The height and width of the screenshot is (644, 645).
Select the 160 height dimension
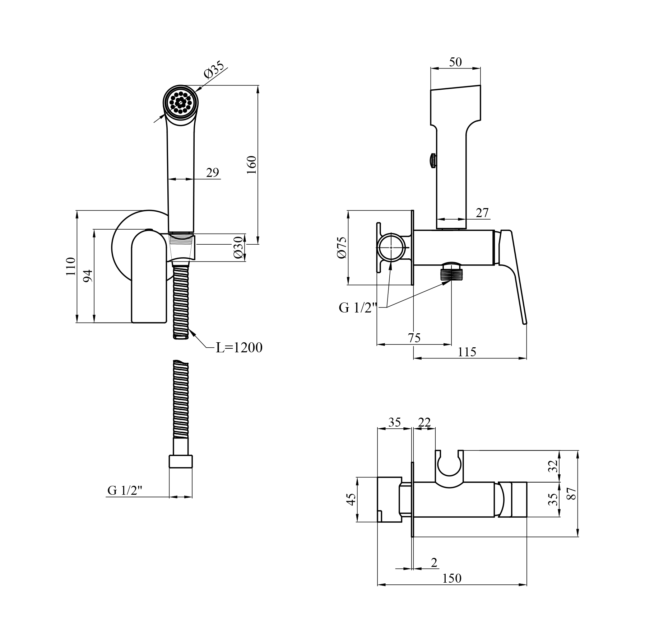(251, 165)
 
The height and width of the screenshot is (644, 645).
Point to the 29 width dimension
(213, 173)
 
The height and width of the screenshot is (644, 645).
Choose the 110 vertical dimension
(71, 266)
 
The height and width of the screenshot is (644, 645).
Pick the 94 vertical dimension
(88, 276)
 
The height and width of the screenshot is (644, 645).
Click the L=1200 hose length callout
(239, 347)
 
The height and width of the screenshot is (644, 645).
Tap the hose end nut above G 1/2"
(181, 461)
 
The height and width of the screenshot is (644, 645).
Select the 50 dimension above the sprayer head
(455, 62)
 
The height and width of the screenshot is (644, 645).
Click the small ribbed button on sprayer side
(433, 160)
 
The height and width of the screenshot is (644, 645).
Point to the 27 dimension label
(482, 213)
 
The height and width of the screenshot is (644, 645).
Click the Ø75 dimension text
(342, 247)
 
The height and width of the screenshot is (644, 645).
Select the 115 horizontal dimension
(467, 352)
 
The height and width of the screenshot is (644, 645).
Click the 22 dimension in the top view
(424, 422)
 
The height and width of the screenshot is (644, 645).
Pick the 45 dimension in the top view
(351, 499)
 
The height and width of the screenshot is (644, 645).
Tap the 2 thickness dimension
(434, 563)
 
